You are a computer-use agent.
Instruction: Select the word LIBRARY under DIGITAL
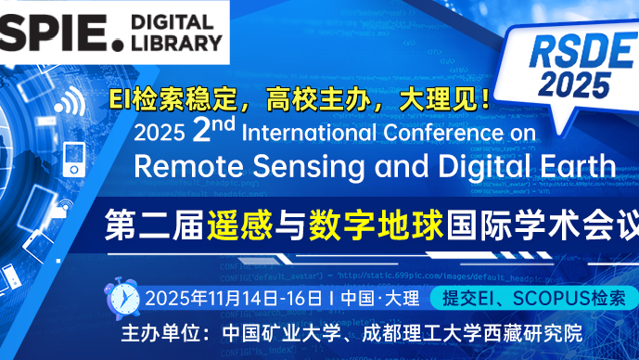tap(176, 42)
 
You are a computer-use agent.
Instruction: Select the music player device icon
tap(74, 159)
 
